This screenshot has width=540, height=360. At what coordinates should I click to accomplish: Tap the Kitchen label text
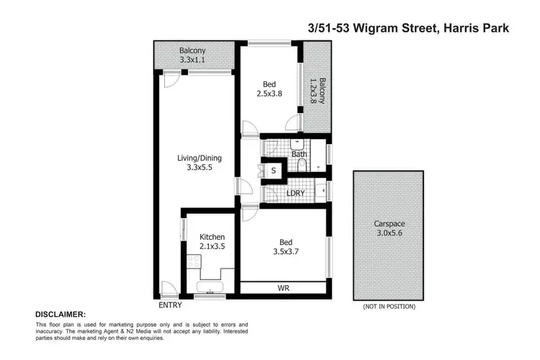click(212, 237)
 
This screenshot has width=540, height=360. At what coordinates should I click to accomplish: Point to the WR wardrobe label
click(284, 288)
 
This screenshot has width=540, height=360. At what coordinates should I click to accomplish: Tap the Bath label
click(300, 154)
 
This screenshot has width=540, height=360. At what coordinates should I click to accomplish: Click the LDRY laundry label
click(294, 192)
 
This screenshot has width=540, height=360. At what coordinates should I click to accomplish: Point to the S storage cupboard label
click(274, 171)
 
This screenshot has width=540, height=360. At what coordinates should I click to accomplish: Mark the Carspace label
click(388, 223)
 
